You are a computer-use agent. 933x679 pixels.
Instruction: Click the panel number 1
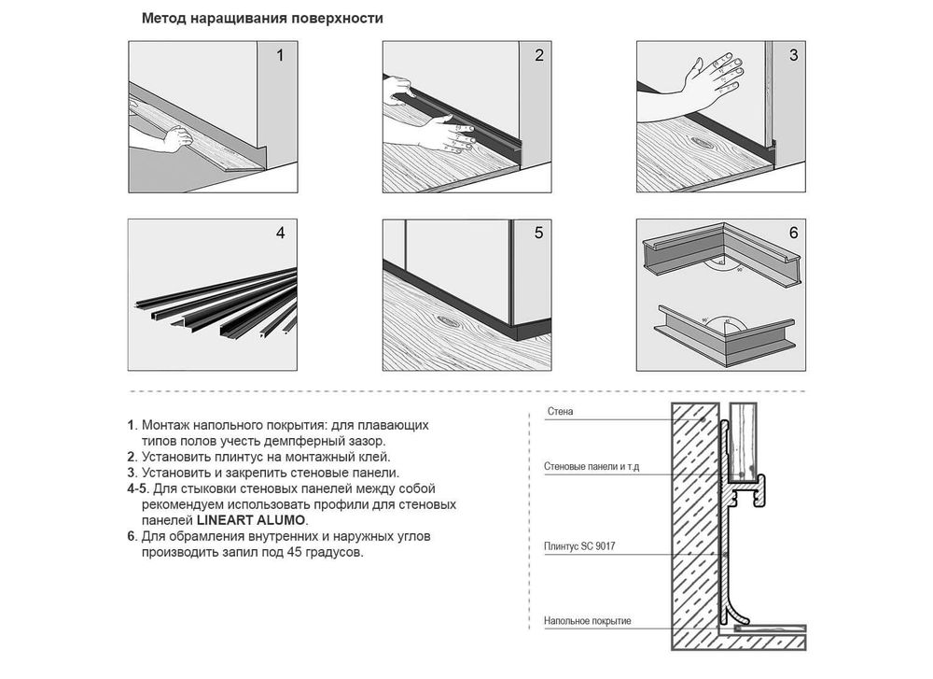280,56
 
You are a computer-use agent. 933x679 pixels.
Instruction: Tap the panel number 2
539,55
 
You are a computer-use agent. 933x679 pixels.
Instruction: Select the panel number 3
793,55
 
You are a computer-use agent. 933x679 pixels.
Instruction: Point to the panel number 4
280,233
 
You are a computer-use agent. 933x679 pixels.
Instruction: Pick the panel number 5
539,233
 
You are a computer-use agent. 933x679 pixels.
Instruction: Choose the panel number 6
793,233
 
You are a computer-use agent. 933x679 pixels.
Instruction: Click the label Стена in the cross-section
560,412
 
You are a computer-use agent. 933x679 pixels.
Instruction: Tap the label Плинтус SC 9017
579,546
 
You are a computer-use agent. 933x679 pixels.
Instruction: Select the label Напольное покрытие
587,621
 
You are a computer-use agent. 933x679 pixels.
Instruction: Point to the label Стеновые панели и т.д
592,466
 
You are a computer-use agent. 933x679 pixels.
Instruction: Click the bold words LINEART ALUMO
250,520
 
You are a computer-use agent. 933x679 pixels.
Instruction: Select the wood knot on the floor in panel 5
450,321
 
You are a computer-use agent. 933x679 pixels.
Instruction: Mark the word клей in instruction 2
374,457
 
